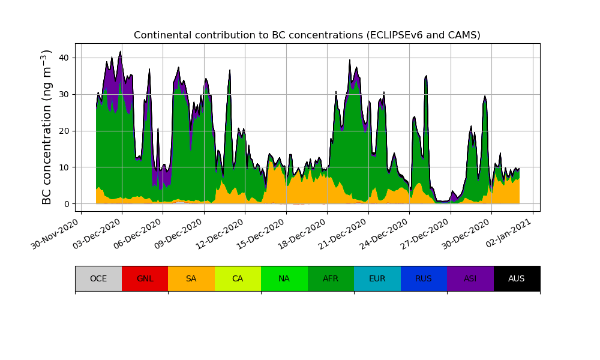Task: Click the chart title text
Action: coord(307,35)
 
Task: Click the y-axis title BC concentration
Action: coord(47,127)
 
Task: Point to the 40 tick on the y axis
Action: coord(64,58)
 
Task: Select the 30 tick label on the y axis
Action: coord(64,95)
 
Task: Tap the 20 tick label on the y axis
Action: coord(64,131)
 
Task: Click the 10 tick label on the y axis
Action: coord(64,167)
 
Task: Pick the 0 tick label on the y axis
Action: coord(66,204)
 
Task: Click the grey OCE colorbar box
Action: coord(98,278)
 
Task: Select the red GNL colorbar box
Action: coord(145,278)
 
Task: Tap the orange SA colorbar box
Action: coord(191,278)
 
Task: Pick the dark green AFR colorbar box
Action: coord(331,278)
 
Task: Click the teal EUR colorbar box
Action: coord(377,278)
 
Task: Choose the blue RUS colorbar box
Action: coord(424,278)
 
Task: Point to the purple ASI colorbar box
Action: coord(470,278)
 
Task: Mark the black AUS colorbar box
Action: coord(517,278)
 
